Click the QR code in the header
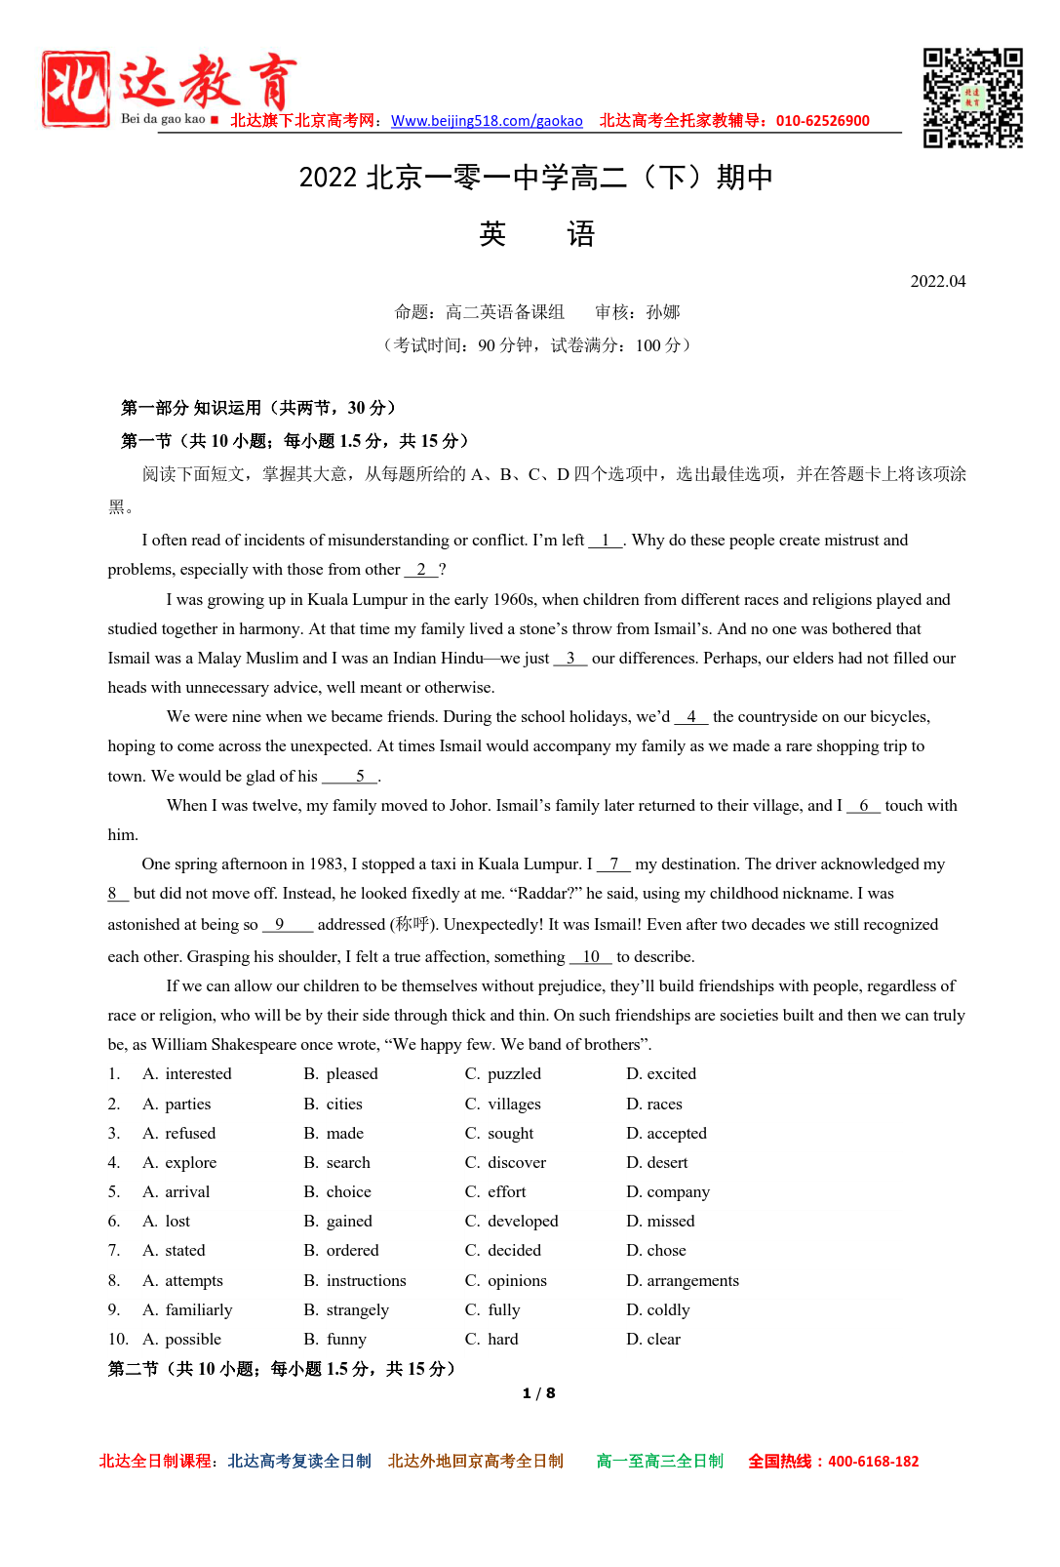(972, 98)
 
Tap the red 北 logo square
(76, 89)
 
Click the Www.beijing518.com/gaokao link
(487, 121)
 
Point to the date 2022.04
(937, 282)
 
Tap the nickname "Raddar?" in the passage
(547, 893)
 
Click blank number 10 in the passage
(591, 956)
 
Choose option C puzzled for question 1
(513, 1073)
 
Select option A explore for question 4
(190, 1162)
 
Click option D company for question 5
(678, 1191)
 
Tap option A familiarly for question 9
(198, 1309)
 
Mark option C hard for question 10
(502, 1339)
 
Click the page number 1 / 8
(538, 1393)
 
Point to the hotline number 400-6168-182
(873, 1461)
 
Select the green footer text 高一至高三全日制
(659, 1461)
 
